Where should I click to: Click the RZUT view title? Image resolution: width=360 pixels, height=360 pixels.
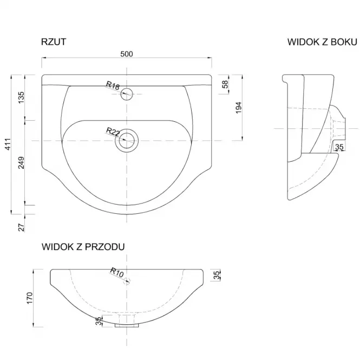(x=54, y=42)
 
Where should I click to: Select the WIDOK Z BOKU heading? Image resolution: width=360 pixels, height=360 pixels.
(x=322, y=42)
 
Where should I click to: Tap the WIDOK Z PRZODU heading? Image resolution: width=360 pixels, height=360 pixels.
(x=83, y=247)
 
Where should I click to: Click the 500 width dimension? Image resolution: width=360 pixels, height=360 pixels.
(x=127, y=54)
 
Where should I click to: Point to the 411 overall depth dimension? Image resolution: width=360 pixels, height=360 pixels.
(x=8, y=144)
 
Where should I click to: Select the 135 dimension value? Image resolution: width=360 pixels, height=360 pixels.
(x=21, y=97)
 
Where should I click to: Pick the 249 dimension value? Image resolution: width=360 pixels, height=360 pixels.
(x=21, y=162)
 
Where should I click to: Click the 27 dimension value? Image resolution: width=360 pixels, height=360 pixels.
(x=21, y=227)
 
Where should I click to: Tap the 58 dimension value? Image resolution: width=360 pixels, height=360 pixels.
(x=225, y=84)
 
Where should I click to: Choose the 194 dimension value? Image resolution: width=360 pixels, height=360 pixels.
(x=239, y=107)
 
